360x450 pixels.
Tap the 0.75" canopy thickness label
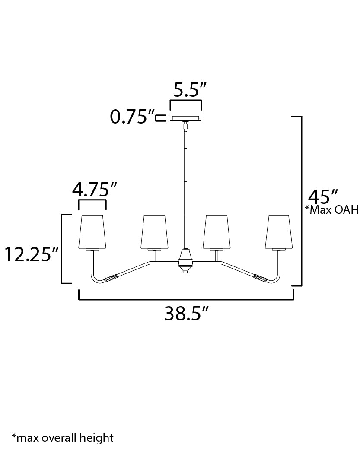132,117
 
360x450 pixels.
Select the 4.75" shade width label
95,190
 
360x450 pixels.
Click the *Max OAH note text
332,210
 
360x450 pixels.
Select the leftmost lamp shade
92,231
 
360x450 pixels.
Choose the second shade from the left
154,231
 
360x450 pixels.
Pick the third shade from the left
217,231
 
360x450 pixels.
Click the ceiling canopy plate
186,118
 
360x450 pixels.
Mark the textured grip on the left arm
111,278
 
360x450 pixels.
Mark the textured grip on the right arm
261,277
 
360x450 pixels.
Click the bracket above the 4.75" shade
92,203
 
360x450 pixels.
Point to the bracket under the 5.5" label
185,103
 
